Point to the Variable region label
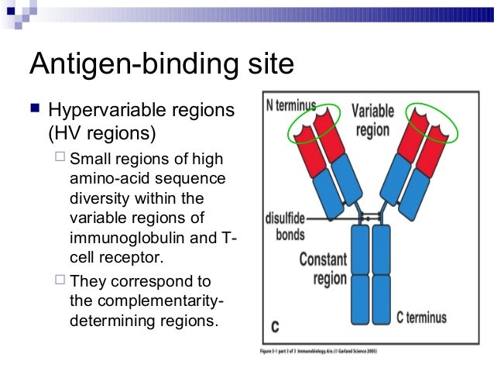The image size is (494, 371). coord(372,119)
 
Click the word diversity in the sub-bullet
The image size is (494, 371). coord(97,198)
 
